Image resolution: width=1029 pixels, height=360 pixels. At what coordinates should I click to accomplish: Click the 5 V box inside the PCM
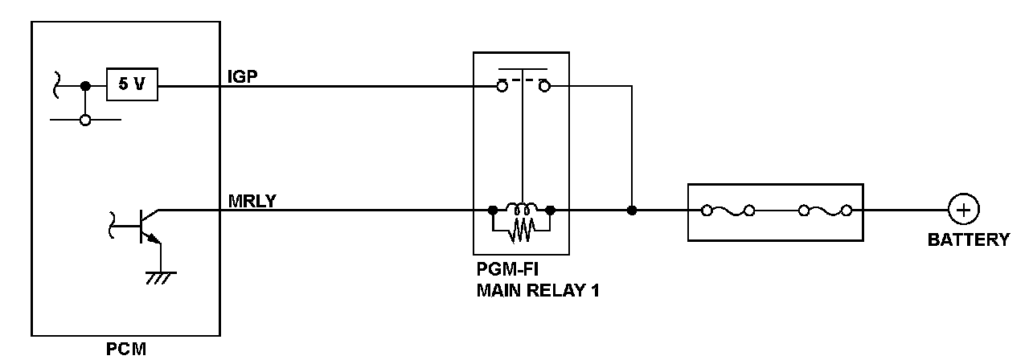tap(132, 84)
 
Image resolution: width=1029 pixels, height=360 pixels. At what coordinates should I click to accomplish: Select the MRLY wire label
tap(252, 201)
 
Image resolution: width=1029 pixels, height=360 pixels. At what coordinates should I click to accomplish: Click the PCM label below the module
tap(126, 350)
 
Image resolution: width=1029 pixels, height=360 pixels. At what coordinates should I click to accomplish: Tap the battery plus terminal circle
tap(962, 211)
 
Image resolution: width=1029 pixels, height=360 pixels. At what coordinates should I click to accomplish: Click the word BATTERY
tap(968, 239)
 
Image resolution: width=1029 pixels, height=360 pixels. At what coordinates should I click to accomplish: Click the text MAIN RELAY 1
tap(537, 290)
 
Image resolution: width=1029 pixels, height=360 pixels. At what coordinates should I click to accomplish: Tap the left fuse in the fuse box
tap(728, 211)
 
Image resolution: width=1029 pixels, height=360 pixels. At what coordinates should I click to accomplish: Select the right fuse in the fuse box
tap(824, 211)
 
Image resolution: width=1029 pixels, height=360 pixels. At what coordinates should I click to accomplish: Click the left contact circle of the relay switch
tap(501, 85)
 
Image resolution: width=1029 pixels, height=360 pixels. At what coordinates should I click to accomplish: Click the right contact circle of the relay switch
tap(543, 85)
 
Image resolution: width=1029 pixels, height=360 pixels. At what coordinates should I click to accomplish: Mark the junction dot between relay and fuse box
tap(632, 211)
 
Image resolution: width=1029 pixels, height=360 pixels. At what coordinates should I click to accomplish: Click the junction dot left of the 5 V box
tap(85, 84)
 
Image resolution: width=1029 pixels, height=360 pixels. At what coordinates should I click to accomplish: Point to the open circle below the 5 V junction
tap(85, 121)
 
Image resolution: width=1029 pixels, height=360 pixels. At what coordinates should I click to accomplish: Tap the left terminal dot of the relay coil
tap(492, 211)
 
